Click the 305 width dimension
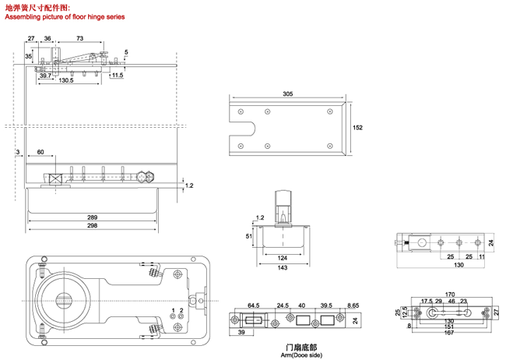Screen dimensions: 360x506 (287, 94)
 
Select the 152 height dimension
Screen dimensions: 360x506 (358, 128)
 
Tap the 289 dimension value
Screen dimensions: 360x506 (92, 217)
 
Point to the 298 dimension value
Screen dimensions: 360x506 (92, 225)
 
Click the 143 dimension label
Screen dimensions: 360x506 (281, 268)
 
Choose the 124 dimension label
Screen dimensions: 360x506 (281, 258)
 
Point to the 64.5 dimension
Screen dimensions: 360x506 (253, 305)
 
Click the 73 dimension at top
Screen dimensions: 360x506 (81, 38)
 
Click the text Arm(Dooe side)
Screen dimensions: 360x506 (299, 355)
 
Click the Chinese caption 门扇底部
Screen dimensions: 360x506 (299, 347)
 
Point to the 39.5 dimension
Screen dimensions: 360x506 (327, 305)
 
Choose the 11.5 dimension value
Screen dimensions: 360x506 (117, 75)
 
